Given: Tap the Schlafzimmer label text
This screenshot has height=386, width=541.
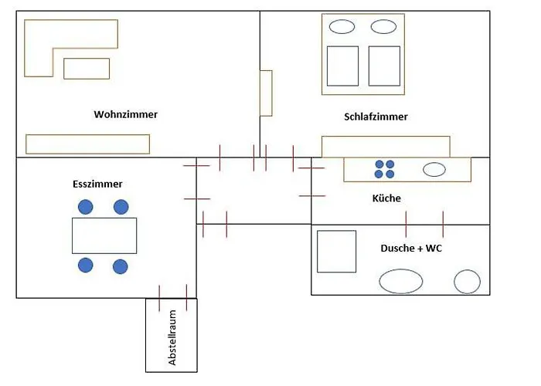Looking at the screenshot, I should click(376, 117).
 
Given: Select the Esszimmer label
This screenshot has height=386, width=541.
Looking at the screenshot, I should click(97, 185).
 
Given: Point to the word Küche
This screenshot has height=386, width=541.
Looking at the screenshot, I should click(386, 198).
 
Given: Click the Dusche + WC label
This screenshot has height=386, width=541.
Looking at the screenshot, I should click(411, 249).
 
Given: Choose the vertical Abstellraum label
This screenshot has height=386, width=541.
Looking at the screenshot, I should click(172, 338).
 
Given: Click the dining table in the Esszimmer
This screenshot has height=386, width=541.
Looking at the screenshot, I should click(104, 235).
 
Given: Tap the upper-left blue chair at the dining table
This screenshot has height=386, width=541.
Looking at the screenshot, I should click(85, 207).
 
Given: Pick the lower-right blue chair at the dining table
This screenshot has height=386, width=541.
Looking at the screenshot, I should click(120, 266).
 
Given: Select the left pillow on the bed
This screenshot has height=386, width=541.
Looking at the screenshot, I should click(342, 27).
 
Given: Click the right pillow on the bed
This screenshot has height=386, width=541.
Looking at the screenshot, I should click(383, 27).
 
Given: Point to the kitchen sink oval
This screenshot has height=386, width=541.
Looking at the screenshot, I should click(434, 170).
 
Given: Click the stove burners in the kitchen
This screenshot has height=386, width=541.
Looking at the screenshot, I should click(384, 169).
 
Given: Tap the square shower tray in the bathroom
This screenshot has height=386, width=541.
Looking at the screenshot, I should click(337, 251).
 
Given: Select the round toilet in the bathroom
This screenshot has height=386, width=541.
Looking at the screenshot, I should click(468, 281).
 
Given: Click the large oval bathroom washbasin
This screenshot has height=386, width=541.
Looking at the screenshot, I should click(401, 281).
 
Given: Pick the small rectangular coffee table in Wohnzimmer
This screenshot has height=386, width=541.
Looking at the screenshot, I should click(87, 69).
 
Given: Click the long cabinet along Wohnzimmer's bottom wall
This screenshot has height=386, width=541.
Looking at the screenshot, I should click(87, 144).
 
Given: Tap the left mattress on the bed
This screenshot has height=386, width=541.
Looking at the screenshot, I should click(343, 66).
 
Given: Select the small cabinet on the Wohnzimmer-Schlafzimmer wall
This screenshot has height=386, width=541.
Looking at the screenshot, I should click(266, 93).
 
